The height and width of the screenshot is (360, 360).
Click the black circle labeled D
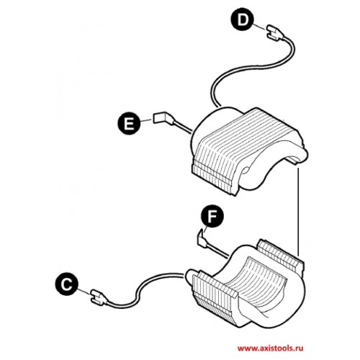pyautogui.click(x=243, y=20)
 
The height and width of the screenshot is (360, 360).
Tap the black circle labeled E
pyautogui.click(x=129, y=124)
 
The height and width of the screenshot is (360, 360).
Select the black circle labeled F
pyautogui.click(x=212, y=217)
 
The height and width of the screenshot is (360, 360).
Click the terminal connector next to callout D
pyautogui.click(x=275, y=32)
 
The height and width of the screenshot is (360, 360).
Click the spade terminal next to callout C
pyautogui.click(x=99, y=297)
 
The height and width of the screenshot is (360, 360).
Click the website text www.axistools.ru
pyautogui.click(x=270, y=348)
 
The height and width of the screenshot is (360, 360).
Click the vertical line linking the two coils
pyautogui.click(x=298, y=211)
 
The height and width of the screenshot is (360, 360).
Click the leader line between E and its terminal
pyautogui.click(x=147, y=120)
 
